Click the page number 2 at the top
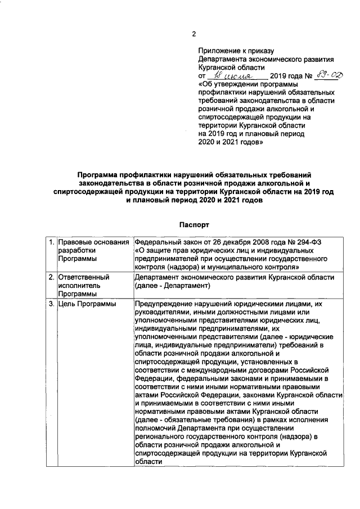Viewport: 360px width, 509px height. point(194,35)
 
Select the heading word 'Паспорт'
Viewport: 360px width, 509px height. point(194,224)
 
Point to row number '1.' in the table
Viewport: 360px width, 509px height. point(51,242)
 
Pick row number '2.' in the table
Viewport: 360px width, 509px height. point(51,277)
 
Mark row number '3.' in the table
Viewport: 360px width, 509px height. point(51,304)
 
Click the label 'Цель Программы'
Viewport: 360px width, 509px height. point(87,304)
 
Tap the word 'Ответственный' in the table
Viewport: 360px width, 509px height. point(83,277)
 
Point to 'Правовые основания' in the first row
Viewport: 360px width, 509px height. point(93,242)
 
